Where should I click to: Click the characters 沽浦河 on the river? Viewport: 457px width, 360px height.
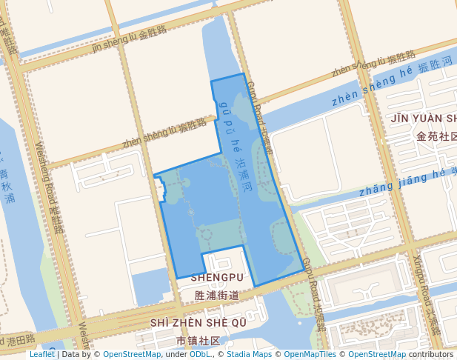point(244,173)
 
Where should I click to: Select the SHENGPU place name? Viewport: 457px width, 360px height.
point(217,277)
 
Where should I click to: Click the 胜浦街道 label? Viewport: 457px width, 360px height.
point(217,295)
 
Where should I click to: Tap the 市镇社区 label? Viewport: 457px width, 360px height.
point(199,341)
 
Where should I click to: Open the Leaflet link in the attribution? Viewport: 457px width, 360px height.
point(41,355)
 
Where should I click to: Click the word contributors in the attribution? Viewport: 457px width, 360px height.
point(430,355)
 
